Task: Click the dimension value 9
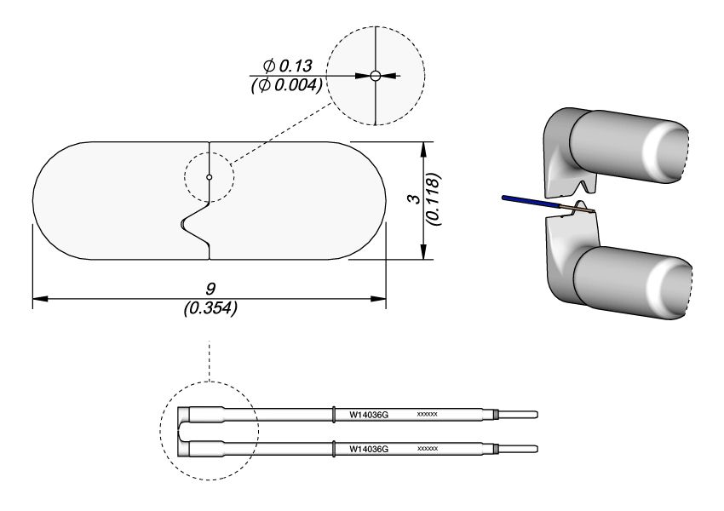coord(210,290)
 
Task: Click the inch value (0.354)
coord(210,308)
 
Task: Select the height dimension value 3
coord(411,199)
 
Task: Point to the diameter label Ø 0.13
coord(289,66)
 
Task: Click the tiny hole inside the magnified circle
coord(375,76)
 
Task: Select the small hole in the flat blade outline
coord(209,177)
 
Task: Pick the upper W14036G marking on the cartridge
coord(369,415)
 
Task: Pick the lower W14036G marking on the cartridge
coord(369,448)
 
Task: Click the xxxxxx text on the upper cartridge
coord(427,415)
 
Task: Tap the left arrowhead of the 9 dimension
coord(38,299)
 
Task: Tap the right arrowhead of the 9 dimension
coord(380,299)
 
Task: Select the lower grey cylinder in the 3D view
coord(630,285)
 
